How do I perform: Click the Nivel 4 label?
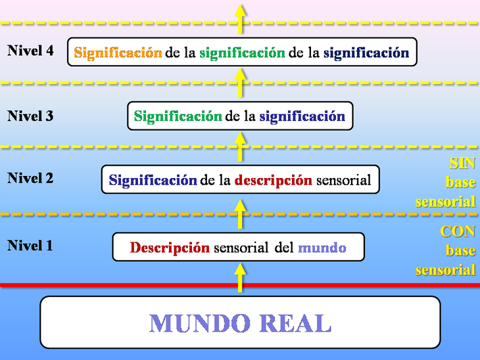pyautogui.click(x=30, y=51)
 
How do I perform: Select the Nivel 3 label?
pyautogui.click(x=30, y=116)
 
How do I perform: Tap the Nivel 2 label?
pyautogui.click(x=30, y=178)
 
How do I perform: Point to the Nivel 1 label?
pyautogui.click(x=30, y=246)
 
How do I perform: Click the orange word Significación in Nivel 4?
pyautogui.click(x=118, y=53)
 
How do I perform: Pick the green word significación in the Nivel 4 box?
pyautogui.click(x=242, y=53)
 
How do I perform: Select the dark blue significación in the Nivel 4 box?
pyautogui.click(x=366, y=53)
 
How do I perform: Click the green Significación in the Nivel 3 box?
pyautogui.click(x=178, y=116)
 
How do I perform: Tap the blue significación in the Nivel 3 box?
pyautogui.click(x=302, y=116)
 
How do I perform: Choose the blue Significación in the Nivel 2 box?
pyautogui.click(x=153, y=180)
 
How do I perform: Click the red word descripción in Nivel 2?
pyautogui.click(x=273, y=181)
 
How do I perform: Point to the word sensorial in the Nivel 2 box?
pyautogui.click(x=343, y=180)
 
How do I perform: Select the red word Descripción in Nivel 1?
pyautogui.click(x=170, y=248)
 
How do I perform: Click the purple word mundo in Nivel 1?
pyautogui.click(x=322, y=248)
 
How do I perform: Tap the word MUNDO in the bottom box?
pyautogui.click(x=200, y=323)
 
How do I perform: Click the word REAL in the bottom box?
pyautogui.click(x=295, y=323)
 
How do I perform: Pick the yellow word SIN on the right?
pyautogui.click(x=462, y=163)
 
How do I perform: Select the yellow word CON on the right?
pyautogui.click(x=458, y=231)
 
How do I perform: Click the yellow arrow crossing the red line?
pyautogui.click(x=240, y=278)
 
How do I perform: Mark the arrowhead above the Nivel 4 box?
pyautogui.click(x=240, y=11)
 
